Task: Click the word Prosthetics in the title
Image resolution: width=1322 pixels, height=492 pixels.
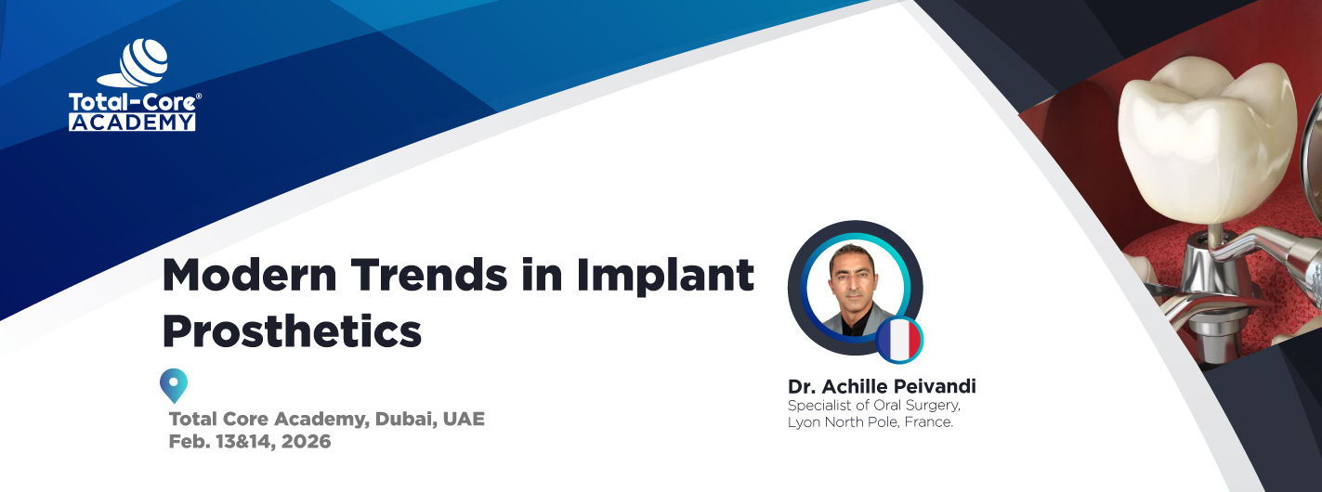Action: pos(292,331)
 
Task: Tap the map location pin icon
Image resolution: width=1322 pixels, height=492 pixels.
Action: pos(174,384)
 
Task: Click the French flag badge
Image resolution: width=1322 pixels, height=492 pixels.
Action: pos(899,340)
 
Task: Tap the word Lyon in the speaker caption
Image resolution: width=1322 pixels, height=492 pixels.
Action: pos(804,422)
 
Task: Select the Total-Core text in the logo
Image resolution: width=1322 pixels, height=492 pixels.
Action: pos(131,102)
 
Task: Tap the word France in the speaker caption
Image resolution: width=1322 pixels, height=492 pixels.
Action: pos(928,422)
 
